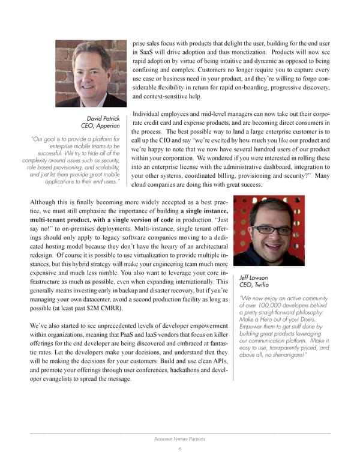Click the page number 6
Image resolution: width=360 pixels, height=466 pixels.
point(179,450)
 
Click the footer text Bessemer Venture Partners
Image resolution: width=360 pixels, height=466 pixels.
point(179,440)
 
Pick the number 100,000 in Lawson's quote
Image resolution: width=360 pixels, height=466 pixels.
point(269,306)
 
